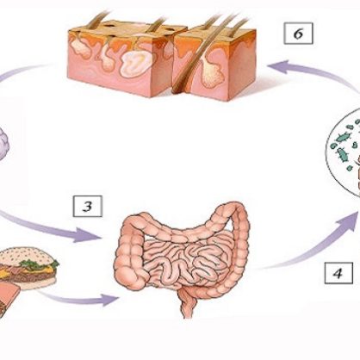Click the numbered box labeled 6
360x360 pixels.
click(298, 34)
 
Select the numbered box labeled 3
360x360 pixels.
click(88, 206)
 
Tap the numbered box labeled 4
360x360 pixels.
click(338, 273)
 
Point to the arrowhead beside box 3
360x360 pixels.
click(86, 234)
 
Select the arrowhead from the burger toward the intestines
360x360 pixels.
click(109, 300)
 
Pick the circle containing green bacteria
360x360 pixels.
click(344, 152)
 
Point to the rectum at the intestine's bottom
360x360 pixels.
click(187, 303)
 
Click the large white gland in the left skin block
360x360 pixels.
click(137, 62)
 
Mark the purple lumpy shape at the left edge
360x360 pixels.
click(3, 144)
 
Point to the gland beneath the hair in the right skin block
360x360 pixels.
click(213, 72)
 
